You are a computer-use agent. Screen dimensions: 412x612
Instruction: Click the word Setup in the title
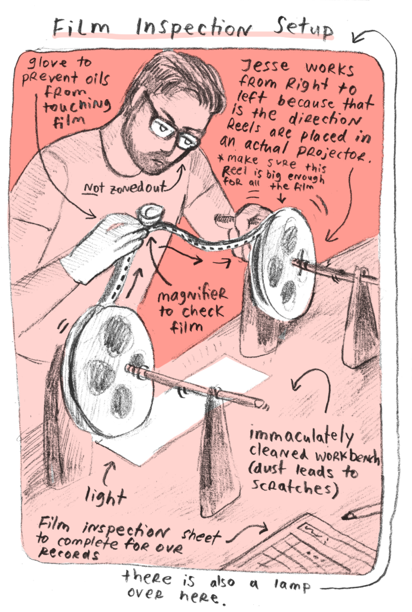303,28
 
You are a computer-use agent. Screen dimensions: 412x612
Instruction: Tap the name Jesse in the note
266,65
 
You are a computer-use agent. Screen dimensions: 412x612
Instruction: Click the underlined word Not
94,188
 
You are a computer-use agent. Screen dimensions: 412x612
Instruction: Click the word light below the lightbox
105,497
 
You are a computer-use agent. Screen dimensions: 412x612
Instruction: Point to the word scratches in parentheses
293,486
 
